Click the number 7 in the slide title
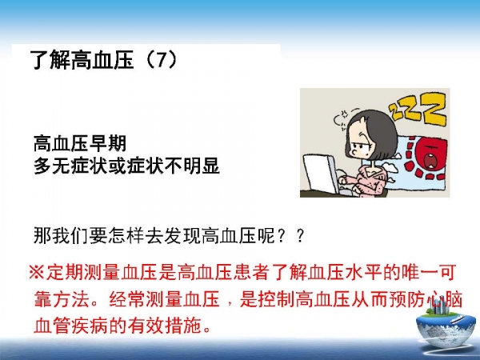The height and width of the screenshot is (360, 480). pos(162,59)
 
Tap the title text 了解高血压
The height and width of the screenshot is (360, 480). pos(82,59)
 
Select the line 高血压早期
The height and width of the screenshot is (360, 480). pos(80,143)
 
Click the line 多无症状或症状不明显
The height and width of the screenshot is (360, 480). pos(126,166)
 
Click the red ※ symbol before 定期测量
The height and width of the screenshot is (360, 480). pos(37,272)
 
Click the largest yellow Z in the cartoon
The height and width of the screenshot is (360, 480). pos(432,110)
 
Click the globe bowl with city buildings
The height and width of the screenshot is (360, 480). pos(446,326)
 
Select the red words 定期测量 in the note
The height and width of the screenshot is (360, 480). pos(83,272)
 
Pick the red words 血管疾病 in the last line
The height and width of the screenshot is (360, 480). pos(70,326)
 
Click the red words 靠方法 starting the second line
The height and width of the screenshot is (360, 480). pos(62,299)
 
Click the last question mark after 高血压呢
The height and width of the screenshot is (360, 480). pos(301,235)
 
